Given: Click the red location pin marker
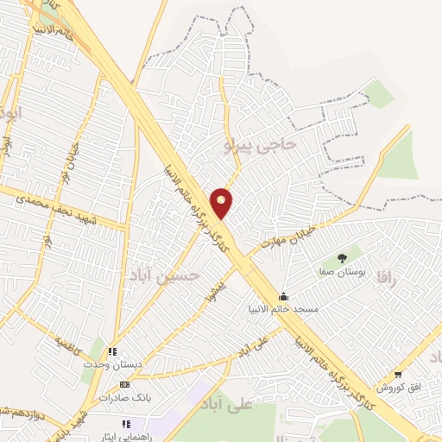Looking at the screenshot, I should (x=222, y=202).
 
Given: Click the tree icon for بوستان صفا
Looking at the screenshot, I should (x=342, y=257).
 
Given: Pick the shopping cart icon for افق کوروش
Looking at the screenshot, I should (x=398, y=375).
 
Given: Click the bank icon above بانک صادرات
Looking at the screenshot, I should (x=125, y=384).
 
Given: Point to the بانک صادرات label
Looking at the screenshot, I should (x=118, y=398).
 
